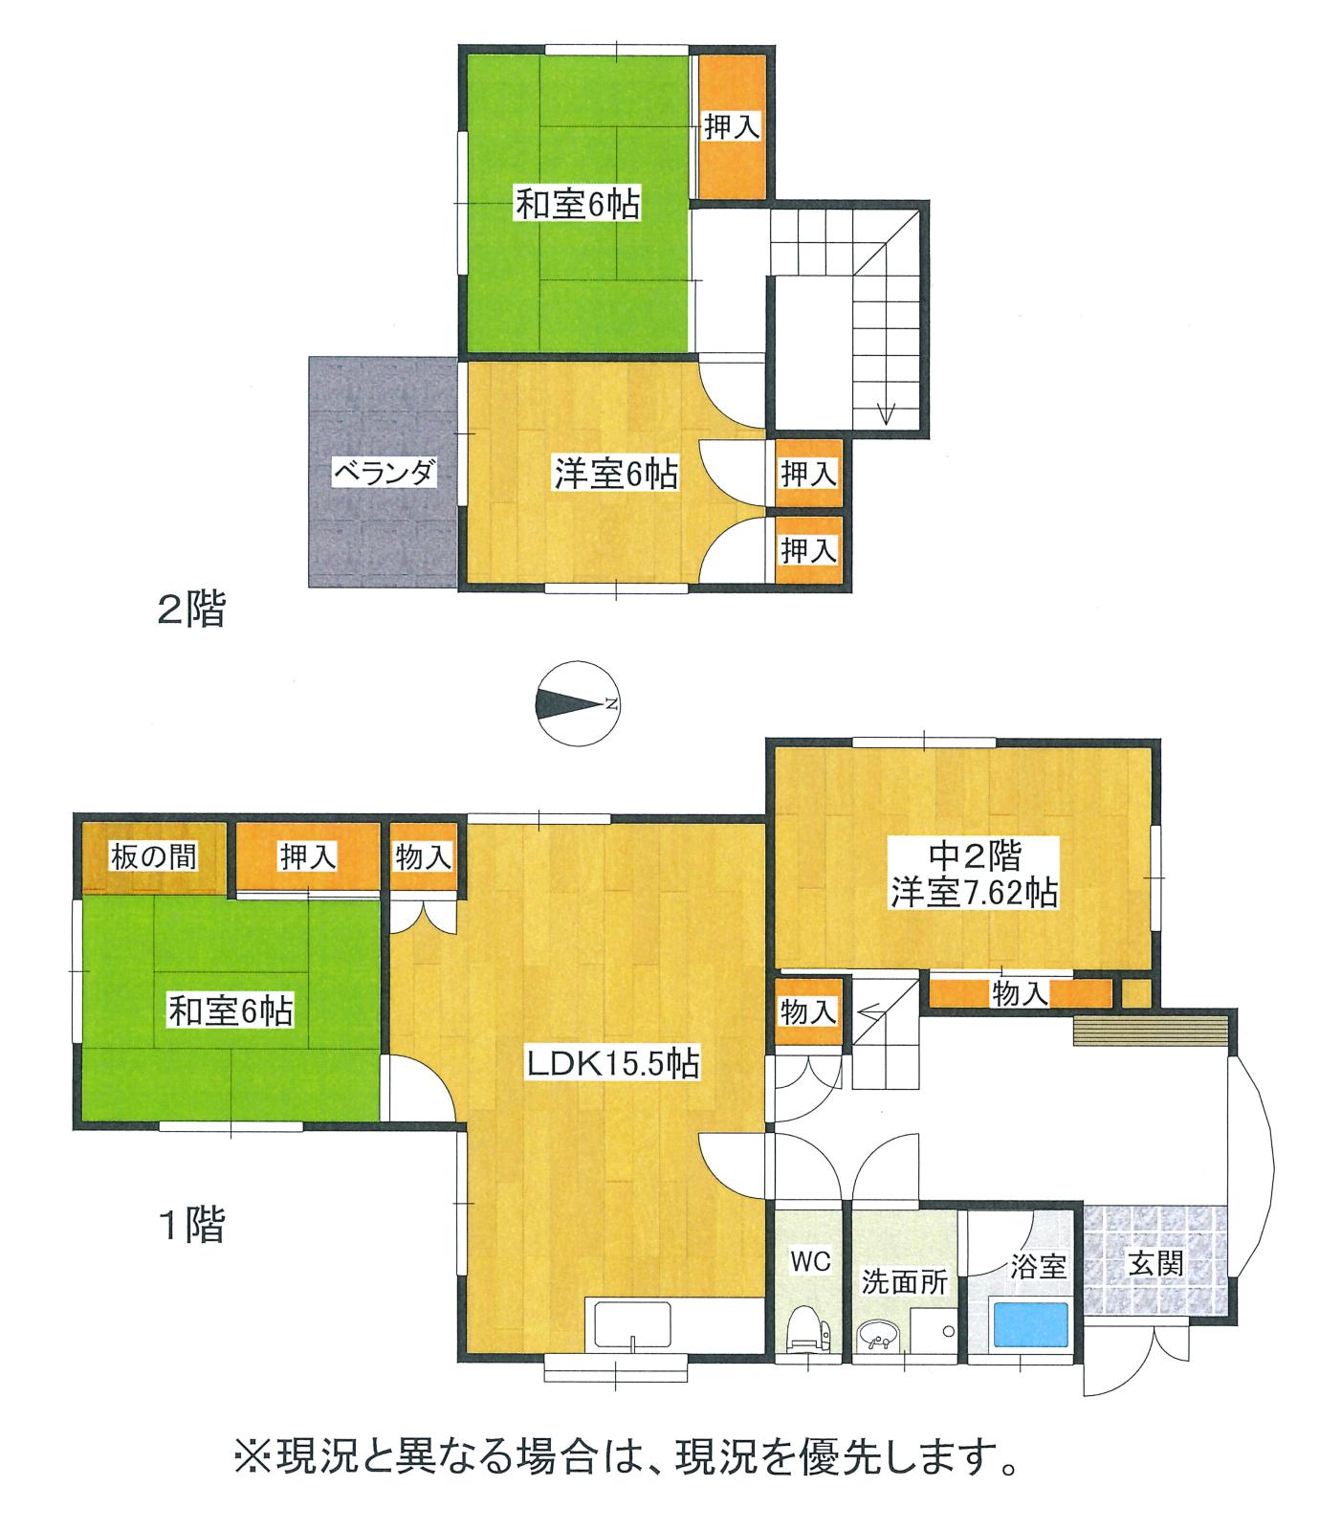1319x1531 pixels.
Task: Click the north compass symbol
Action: (x=577, y=704)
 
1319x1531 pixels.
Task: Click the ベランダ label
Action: (x=385, y=473)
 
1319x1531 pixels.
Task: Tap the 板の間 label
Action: (x=153, y=855)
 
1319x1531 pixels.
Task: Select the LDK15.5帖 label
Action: (x=613, y=1063)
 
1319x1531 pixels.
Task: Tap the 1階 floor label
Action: (x=191, y=1225)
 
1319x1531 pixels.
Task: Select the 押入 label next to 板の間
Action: (x=307, y=856)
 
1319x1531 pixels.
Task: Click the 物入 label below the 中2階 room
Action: (x=1020, y=994)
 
